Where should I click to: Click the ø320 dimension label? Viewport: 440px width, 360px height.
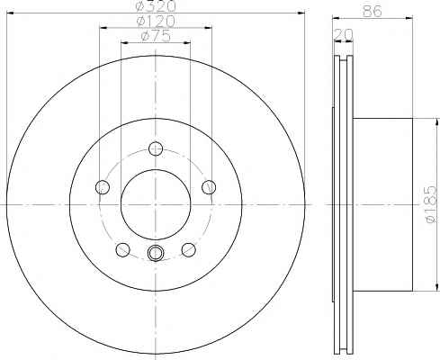[x=156, y=5]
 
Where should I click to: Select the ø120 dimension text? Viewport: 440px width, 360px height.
[x=156, y=21]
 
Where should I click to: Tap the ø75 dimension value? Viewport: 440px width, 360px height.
[x=156, y=36]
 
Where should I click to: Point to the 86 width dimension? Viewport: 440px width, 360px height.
[x=373, y=11]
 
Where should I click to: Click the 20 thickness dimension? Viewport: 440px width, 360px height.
[x=344, y=35]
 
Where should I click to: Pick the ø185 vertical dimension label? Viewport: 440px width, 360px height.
[x=431, y=204]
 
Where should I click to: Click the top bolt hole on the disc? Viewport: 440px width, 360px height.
[x=156, y=148]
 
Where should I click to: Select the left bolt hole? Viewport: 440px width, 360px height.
[x=103, y=187]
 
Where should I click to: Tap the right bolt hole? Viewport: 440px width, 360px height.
[x=209, y=187]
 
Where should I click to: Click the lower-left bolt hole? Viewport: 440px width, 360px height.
[x=122, y=250]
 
